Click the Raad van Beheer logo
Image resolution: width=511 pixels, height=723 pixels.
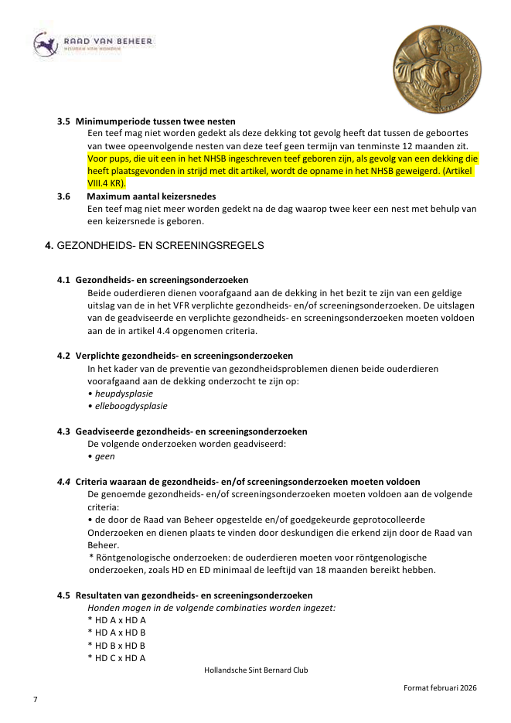click(93, 44)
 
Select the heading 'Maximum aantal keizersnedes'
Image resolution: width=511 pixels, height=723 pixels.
click(152, 196)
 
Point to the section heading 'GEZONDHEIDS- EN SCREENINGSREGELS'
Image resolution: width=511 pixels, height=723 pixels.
click(160, 246)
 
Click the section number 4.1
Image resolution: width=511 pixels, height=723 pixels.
click(63, 279)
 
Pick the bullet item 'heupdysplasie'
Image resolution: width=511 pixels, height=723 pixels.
click(122, 393)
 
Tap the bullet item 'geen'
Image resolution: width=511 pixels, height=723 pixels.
click(104, 456)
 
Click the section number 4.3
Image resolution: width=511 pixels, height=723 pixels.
click(63, 431)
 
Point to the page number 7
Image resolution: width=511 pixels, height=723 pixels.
click(35, 699)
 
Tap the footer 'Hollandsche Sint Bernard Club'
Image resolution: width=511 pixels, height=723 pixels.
click(256, 670)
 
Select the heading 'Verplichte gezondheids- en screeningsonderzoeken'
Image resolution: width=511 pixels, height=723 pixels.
click(184, 356)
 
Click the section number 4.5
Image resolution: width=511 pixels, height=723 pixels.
click(63, 595)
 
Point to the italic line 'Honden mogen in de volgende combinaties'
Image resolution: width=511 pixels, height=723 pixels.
click(212, 608)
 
